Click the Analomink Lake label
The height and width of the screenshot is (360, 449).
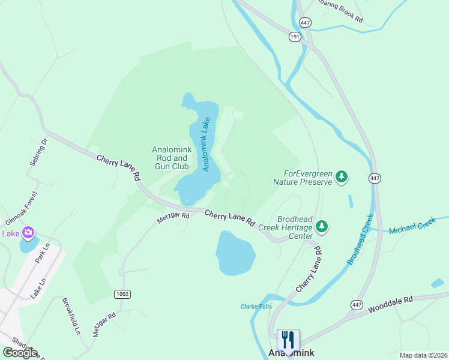[206, 143]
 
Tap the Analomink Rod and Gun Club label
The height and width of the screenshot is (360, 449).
[170, 158]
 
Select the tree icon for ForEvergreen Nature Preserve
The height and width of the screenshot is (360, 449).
[342, 176]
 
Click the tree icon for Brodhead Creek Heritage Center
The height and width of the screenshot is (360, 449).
[323, 226]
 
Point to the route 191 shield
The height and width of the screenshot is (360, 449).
[295, 37]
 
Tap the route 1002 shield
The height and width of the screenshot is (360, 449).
[122, 293]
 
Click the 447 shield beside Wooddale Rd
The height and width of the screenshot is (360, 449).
[357, 305]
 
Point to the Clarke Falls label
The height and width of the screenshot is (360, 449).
[256, 307]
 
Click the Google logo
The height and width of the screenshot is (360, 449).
[19, 353]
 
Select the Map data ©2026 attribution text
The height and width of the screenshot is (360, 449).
[423, 355]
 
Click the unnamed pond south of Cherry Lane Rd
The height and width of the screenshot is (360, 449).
[235, 252]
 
